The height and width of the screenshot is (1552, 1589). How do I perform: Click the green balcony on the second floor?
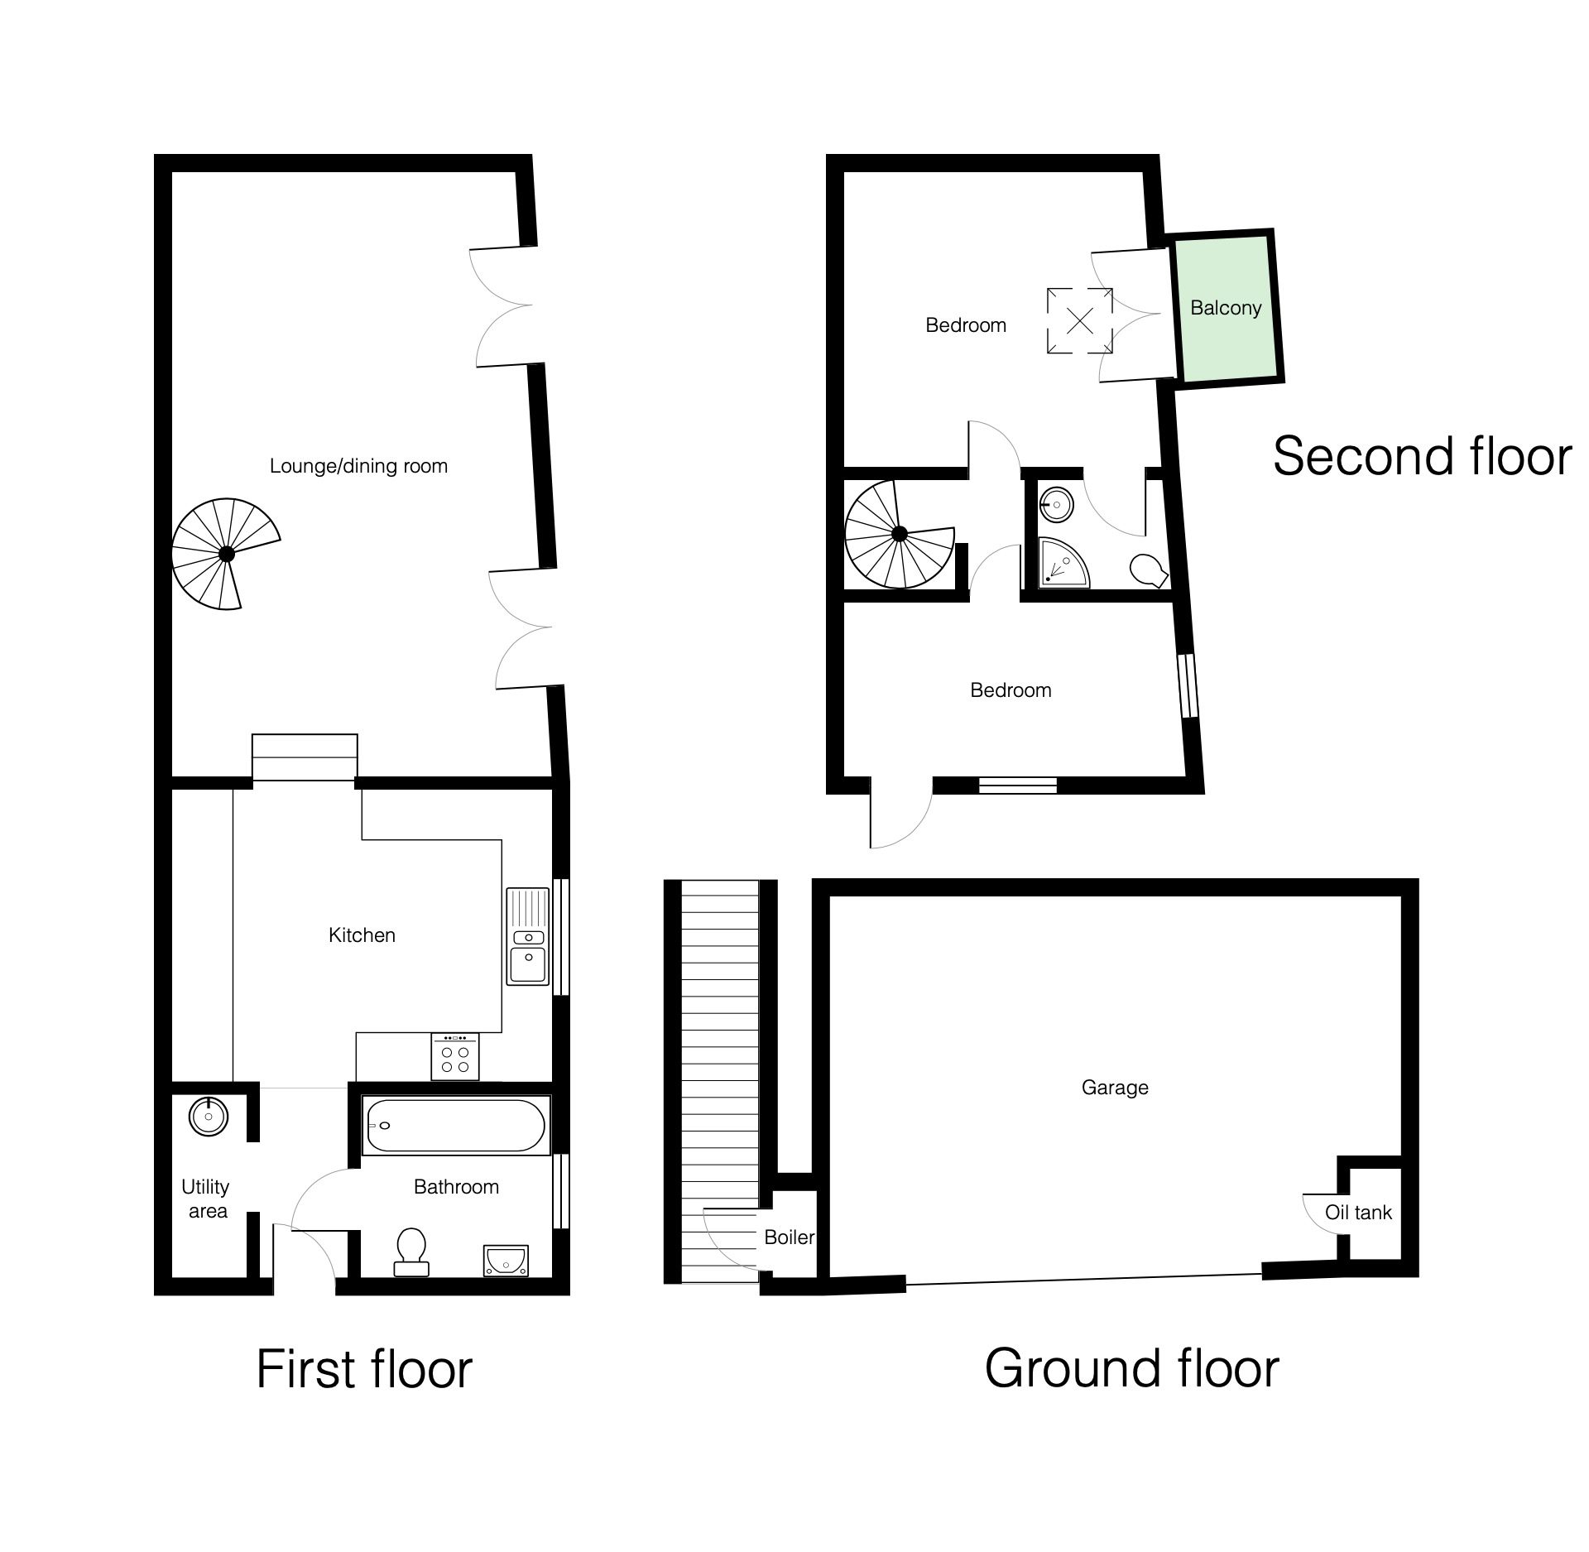1226,307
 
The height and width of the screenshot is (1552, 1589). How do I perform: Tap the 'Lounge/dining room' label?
358,466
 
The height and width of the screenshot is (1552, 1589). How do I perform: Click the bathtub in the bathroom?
455,1127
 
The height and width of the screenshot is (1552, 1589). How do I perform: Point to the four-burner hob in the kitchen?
455,1056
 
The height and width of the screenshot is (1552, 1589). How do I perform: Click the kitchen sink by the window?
528,936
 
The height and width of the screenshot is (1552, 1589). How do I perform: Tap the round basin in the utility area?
209,1117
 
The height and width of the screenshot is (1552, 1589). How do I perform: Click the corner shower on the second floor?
1063,563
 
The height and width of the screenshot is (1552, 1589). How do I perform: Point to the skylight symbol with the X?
1080,320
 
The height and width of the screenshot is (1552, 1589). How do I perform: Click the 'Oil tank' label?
1358,1213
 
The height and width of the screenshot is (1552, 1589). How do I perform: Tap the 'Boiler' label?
790,1237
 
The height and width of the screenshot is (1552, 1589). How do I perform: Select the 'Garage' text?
1115,1088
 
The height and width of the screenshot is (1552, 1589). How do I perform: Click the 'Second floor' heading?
1422,456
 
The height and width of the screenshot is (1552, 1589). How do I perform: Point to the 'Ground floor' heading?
1131,1368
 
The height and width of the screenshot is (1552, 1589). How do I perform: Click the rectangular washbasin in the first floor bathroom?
504,1261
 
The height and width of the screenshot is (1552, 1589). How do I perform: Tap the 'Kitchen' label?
362,935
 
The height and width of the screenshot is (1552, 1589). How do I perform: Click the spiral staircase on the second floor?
900,535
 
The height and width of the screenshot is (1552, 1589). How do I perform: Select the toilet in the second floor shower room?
1149,570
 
